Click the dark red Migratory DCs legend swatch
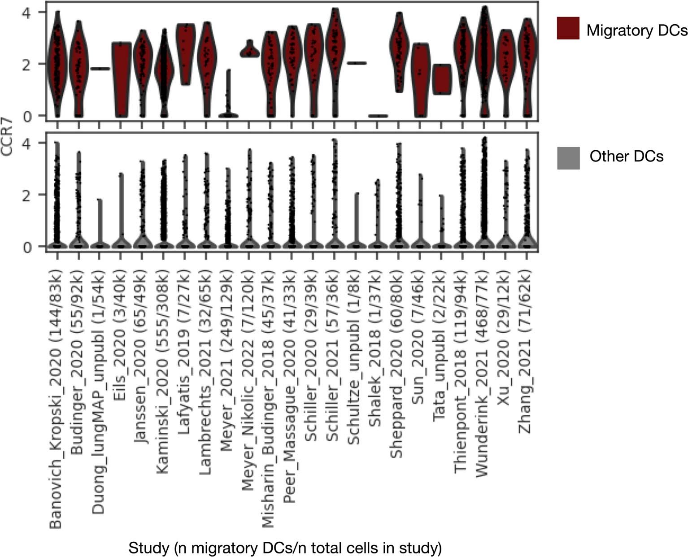(568, 28)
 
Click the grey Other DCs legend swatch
(568, 158)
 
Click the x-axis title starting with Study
(285, 548)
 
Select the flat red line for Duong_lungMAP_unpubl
(100, 69)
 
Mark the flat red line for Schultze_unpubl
(356, 63)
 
